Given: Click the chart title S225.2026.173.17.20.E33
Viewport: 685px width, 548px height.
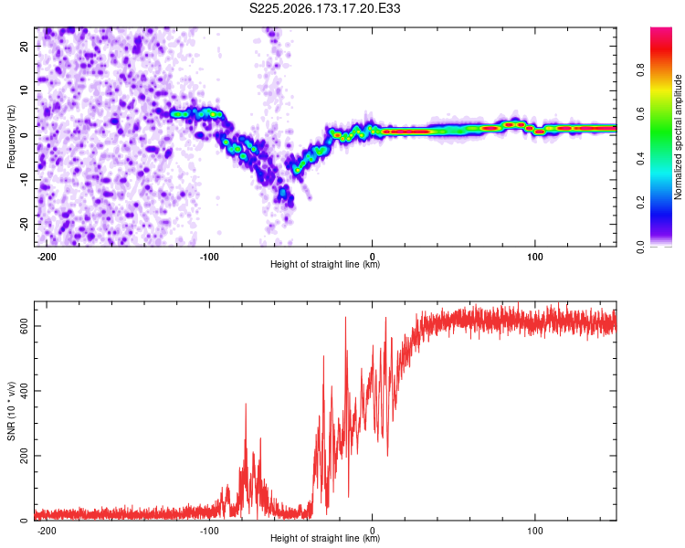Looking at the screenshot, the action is pyautogui.click(x=324, y=8).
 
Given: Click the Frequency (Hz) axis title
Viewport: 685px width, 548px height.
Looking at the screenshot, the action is pyautogui.click(x=11, y=137).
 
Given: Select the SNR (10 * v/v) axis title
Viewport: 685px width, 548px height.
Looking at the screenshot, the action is pyautogui.click(x=11, y=411).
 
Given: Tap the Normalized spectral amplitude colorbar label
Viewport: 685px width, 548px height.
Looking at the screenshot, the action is pyautogui.click(x=678, y=137).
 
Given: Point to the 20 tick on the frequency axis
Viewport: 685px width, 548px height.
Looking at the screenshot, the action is pyautogui.click(x=24, y=46).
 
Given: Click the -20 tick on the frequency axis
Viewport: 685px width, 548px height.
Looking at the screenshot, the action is pyautogui.click(x=24, y=225).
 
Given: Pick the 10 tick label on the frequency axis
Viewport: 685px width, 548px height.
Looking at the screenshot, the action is pyautogui.click(x=24, y=90).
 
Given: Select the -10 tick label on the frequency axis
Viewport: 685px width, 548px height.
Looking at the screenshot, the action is pyautogui.click(x=24, y=180).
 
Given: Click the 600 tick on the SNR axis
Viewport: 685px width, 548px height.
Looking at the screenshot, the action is pyautogui.click(x=24, y=326).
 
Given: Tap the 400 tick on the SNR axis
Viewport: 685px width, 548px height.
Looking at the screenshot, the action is pyautogui.click(x=24, y=391).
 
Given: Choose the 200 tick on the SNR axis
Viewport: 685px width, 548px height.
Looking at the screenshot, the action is pyautogui.click(x=24, y=456).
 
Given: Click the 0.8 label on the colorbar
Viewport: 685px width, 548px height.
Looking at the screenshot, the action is pyautogui.click(x=640, y=70).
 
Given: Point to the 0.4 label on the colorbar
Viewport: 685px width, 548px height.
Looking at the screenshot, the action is pyautogui.click(x=640, y=159).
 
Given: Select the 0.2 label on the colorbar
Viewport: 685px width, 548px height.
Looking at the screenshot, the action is pyautogui.click(x=640, y=203).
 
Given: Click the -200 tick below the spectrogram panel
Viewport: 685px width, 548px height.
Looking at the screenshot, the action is pyautogui.click(x=46, y=257).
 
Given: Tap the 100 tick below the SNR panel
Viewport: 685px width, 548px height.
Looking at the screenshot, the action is pyautogui.click(x=534, y=531).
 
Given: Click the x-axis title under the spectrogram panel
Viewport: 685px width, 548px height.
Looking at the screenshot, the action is pyautogui.click(x=325, y=264).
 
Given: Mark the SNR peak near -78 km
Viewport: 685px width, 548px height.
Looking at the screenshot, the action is pyautogui.click(x=246, y=404).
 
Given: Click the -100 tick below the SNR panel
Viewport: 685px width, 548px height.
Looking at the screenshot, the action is pyautogui.click(x=209, y=531).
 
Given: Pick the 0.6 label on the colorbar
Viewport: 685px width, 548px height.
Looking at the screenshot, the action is pyautogui.click(x=640, y=114).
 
